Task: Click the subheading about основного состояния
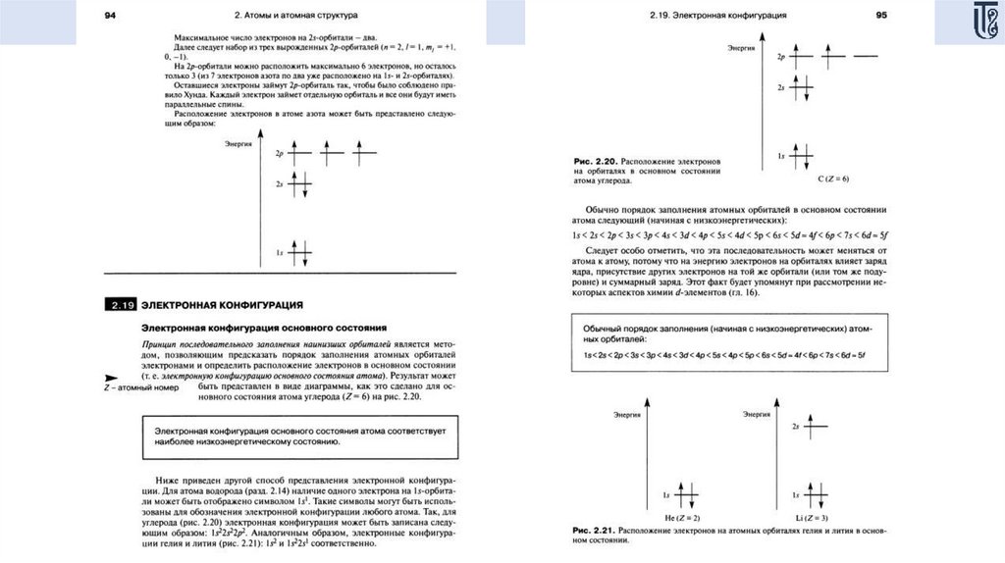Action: coord(266,327)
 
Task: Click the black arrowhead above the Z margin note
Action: coord(110,378)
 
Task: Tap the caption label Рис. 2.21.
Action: coord(594,531)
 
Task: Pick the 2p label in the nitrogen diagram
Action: coord(280,154)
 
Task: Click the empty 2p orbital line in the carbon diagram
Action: coord(867,57)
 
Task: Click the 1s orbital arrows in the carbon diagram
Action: coord(804,156)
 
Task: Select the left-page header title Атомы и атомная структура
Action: coord(296,16)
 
